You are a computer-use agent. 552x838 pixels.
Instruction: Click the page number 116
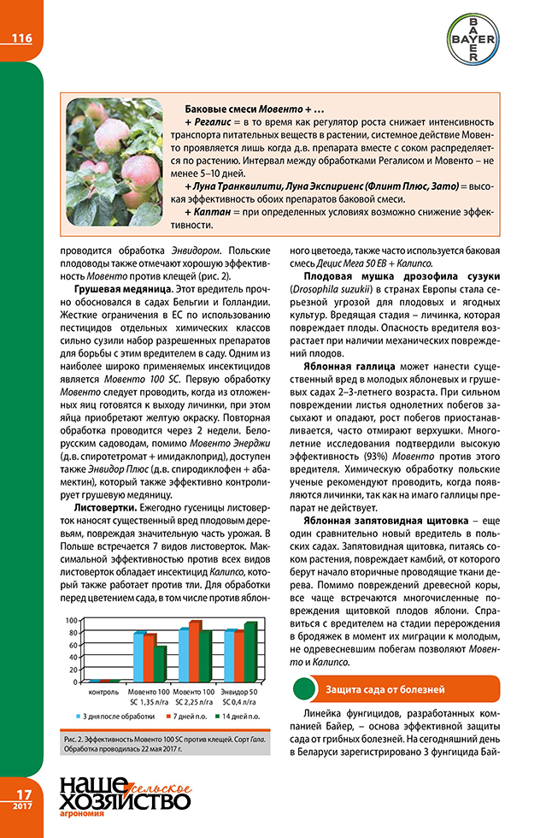point(21,38)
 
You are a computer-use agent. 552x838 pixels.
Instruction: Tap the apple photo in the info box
point(114,162)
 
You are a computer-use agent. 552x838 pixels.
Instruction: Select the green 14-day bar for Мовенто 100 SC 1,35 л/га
point(161,664)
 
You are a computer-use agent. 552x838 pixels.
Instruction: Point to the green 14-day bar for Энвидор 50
point(250,652)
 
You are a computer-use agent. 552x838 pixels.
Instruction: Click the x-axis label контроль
point(103,691)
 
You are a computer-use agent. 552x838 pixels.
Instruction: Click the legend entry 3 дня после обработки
point(115,714)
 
